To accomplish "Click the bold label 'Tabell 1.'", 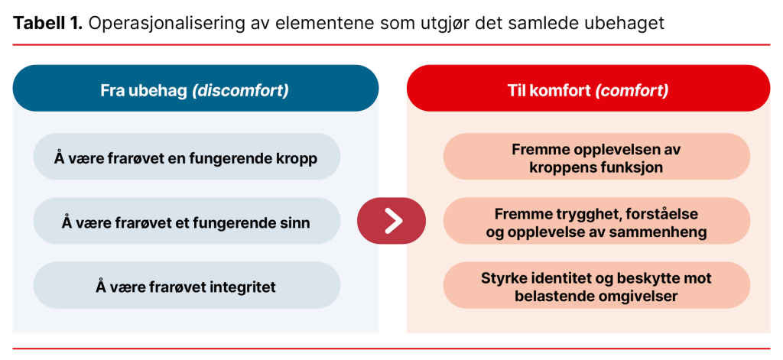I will point(47,23).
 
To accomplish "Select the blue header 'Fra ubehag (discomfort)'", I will point(195,90).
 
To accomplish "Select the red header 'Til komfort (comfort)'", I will point(588,90).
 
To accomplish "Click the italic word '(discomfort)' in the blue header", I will point(240,90).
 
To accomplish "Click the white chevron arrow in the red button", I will point(391,221).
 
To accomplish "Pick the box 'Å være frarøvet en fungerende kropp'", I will point(187,157).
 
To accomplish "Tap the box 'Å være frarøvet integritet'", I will point(187,287).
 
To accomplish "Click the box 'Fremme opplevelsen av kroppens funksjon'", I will point(596,157).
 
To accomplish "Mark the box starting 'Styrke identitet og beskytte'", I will point(596,287).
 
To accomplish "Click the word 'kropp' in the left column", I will point(298,158).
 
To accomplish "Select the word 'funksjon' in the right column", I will point(632,167).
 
